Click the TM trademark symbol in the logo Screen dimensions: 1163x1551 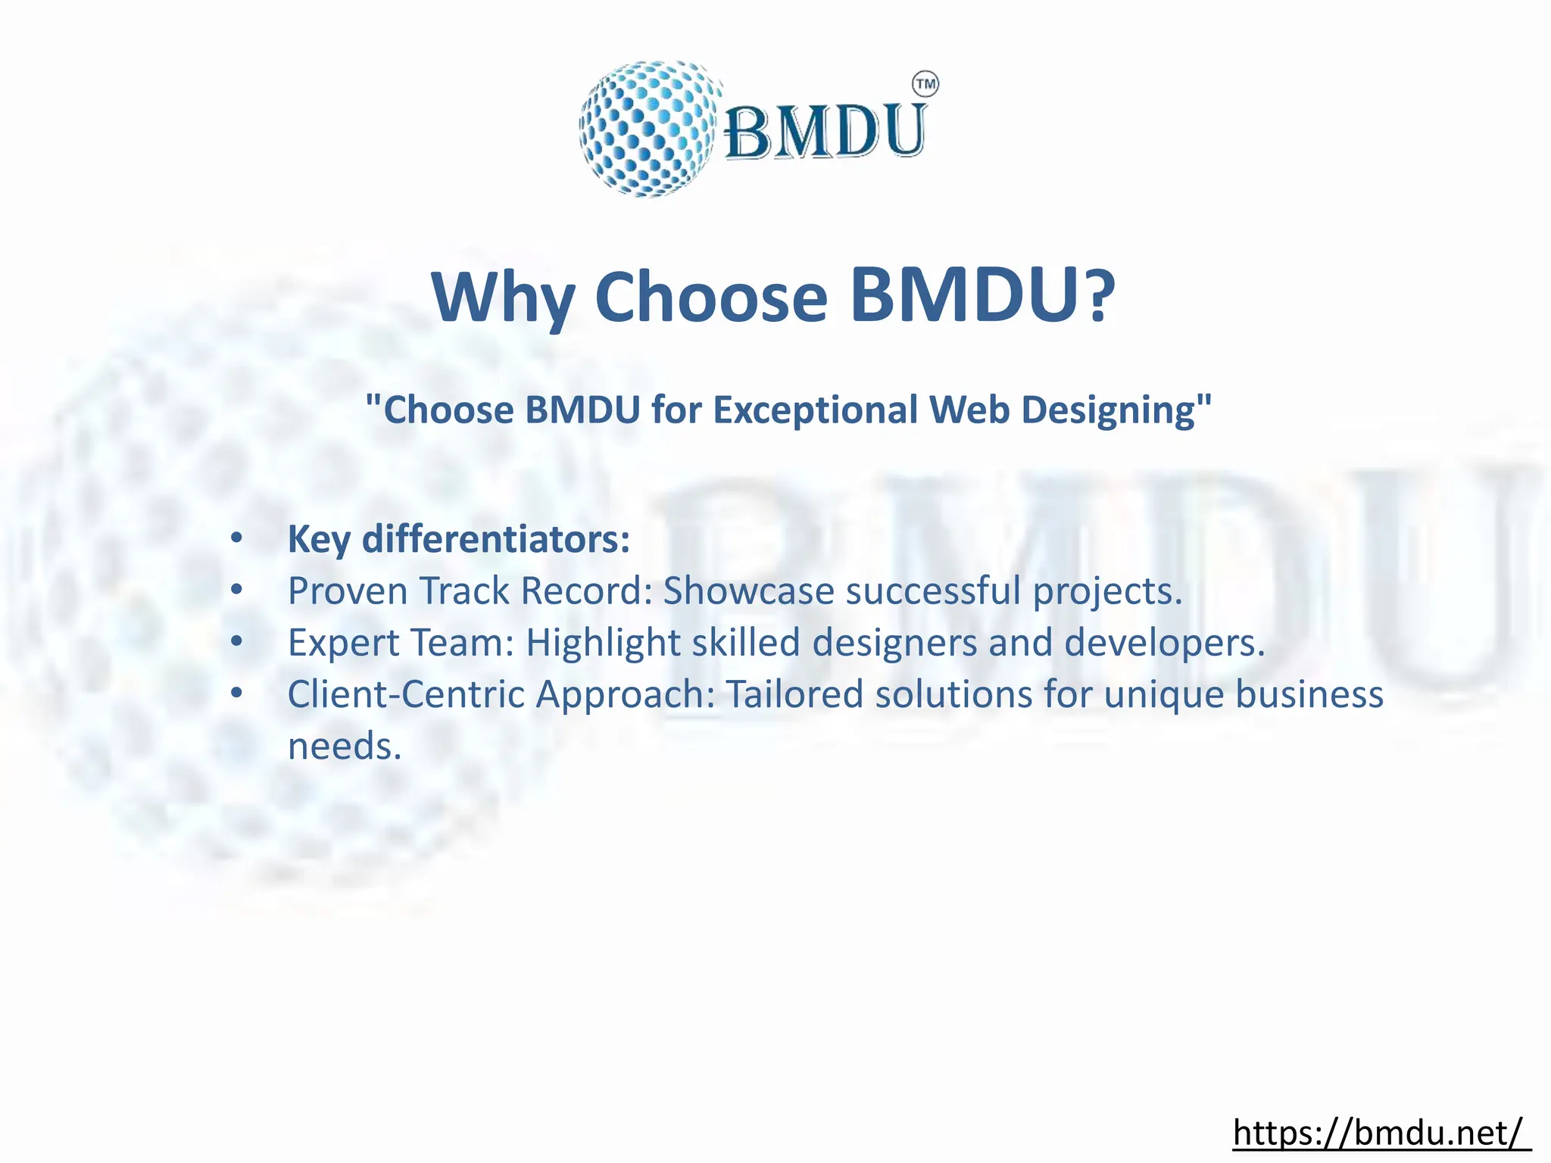(x=925, y=84)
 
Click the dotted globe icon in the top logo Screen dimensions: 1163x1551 (x=648, y=129)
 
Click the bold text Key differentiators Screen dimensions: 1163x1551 (x=458, y=539)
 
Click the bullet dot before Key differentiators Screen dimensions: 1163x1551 (x=237, y=539)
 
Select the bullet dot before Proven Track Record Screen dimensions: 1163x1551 (x=237, y=591)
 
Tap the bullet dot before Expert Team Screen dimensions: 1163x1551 (x=237, y=642)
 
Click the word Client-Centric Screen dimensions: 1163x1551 (x=406, y=694)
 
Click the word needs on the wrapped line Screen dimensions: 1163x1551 (x=344, y=747)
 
